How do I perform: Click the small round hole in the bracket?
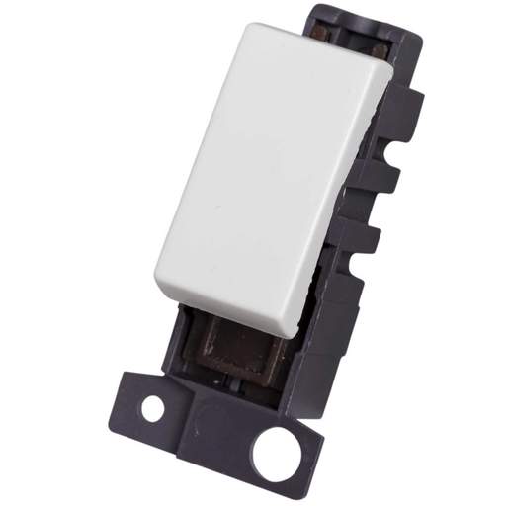click(152, 406)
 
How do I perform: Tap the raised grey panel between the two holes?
click(211, 426)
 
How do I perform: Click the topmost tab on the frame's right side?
click(414, 104)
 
